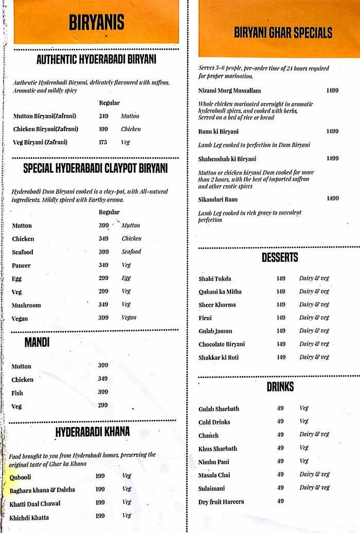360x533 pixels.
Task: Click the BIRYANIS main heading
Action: (96, 23)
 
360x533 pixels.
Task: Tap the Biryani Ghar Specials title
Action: (283, 34)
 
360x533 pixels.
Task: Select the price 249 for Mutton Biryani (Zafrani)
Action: (103, 116)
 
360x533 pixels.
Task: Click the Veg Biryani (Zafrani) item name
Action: (40, 143)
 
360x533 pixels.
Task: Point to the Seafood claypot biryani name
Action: (23, 252)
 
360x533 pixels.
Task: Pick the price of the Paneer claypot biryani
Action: (103, 265)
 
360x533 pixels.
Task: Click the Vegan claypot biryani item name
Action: (20, 318)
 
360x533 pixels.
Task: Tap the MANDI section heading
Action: (37, 343)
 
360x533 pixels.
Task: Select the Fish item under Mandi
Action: (17, 393)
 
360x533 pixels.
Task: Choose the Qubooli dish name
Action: (20, 477)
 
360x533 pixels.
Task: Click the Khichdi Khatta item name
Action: (29, 517)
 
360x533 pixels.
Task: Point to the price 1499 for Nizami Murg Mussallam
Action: (332, 91)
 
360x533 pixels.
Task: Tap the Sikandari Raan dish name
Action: (218, 199)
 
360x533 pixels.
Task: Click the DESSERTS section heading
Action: (280, 258)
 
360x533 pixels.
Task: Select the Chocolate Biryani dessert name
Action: (222, 344)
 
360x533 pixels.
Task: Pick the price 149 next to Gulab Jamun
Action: (281, 331)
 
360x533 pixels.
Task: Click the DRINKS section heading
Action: (280, 387)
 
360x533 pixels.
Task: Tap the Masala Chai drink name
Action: (214, 474)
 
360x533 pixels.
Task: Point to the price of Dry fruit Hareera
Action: (280, 501)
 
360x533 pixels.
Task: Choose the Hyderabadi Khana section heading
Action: (93, 431)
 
